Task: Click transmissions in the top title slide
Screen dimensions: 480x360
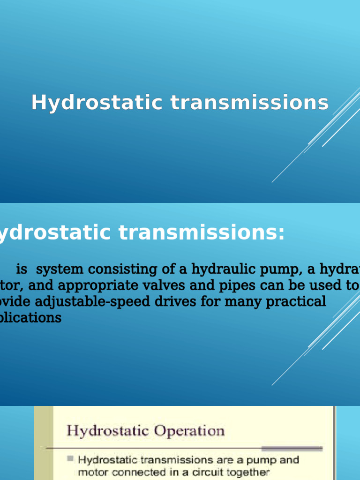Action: point(249,103)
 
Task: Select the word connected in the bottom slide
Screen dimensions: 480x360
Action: point(127,472)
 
